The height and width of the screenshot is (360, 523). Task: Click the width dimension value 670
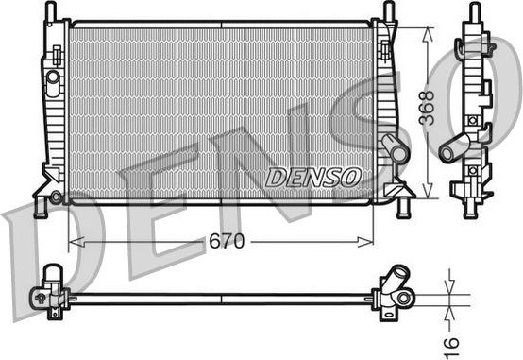tap(228, 242)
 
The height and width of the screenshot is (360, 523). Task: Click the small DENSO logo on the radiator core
tap(312, 177)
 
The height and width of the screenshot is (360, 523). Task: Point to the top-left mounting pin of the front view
tap(51, 10)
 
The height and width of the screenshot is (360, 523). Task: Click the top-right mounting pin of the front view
tap(388, 10)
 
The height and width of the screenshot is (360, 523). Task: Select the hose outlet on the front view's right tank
tap(396, 149)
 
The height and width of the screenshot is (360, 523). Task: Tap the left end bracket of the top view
tap(50, 288)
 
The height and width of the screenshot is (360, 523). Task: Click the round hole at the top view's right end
tap(404, 298)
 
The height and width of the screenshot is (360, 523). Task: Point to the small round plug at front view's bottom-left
tap(57, 197)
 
